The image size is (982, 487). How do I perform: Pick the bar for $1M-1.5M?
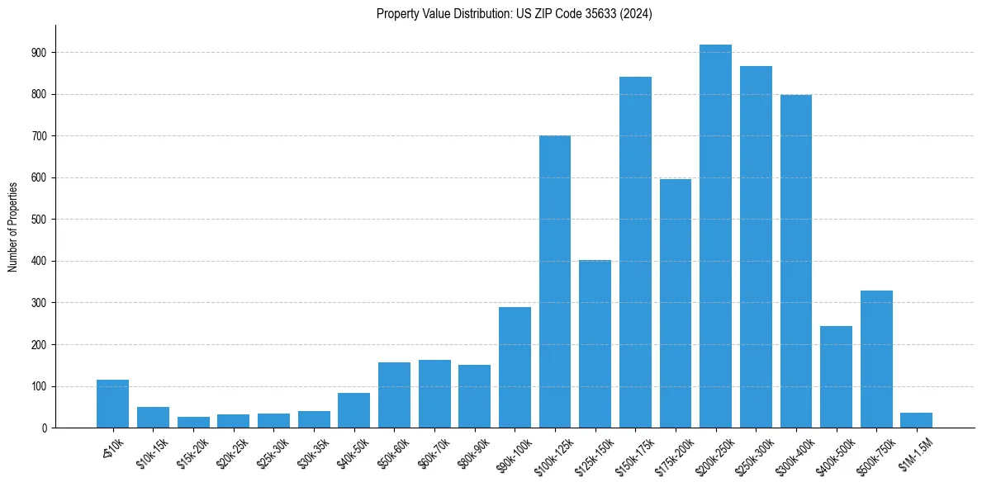[916, 420]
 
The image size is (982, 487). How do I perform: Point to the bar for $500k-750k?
[876, 359]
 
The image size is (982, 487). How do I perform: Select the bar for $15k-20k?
[193, 423]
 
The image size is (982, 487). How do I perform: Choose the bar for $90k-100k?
[515, 367]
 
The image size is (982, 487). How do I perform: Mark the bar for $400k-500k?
[836, 376]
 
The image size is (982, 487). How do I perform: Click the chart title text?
[514, 14]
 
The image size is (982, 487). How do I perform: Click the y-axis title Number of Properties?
[13, 226]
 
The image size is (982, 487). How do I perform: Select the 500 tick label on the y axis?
[39, 220]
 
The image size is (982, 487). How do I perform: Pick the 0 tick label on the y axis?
[44, 428]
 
